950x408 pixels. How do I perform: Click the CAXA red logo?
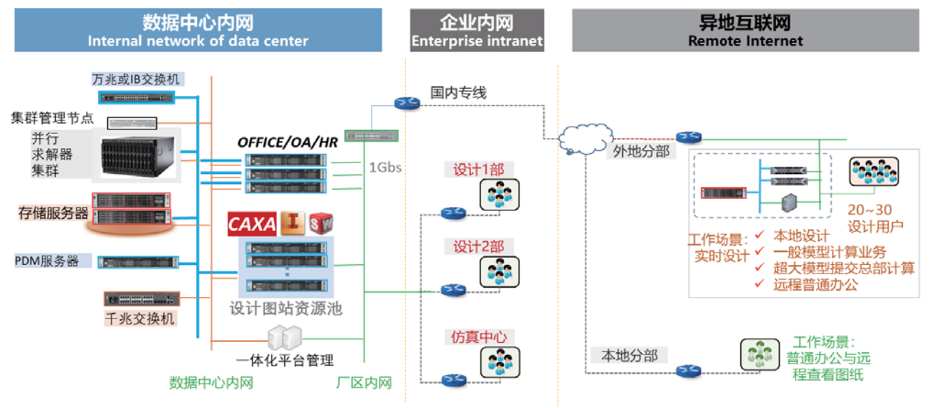(x=252, y=224)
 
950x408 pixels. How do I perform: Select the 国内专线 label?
(x=458, y=93)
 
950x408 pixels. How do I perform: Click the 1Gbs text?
(x=385, y=168)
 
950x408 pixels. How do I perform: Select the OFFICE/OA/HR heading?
(x=287, y=142)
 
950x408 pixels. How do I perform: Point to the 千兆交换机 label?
(x=141, y=317)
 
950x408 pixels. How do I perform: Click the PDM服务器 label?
(x=47, y=261)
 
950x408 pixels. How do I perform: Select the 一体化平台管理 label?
(x=285, y=360)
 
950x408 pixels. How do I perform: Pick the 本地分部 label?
(x=629, y=355)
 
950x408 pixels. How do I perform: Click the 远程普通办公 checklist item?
(x=815, y=285)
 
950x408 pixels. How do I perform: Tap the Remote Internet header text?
(x=745, y=41)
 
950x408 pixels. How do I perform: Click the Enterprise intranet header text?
(x=477, y=42)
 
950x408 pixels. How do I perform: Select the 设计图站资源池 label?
(x=286, y=309)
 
